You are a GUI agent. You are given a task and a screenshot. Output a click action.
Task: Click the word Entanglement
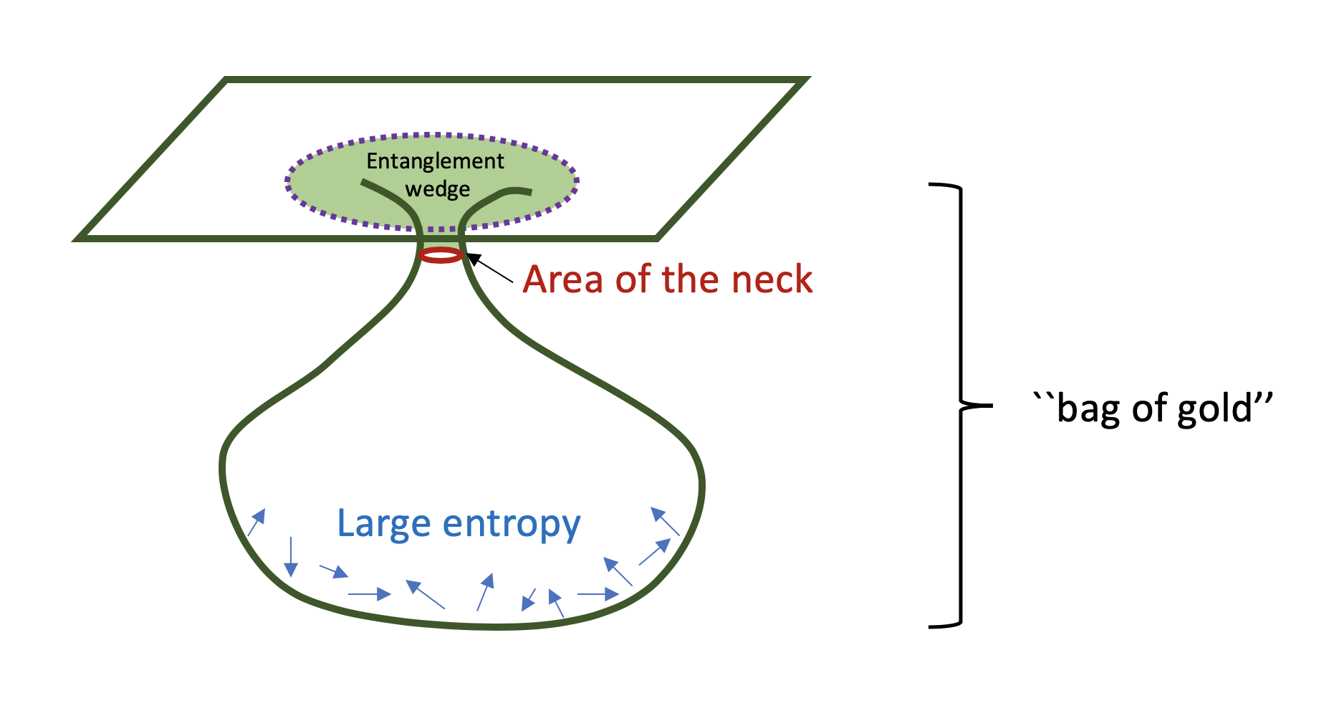[435, 162]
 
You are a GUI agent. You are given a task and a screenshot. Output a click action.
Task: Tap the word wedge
[438, 189]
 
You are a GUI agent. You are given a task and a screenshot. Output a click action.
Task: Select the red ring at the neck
[441, 254]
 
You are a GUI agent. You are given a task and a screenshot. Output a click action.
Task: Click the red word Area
[563, 280]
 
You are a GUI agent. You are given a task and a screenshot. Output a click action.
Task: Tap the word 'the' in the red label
[691, 280]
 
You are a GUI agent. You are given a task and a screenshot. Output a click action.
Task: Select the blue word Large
[383, 524]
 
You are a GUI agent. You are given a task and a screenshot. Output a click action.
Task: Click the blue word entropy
[512, 525]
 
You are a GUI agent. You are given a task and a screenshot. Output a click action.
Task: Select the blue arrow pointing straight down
[290, 557]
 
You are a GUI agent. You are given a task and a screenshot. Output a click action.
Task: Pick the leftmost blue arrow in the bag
[256, 522]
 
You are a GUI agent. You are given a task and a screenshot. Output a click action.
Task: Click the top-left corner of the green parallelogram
[227, 80]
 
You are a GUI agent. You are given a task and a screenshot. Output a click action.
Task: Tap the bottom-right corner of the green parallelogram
[656, 237]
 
